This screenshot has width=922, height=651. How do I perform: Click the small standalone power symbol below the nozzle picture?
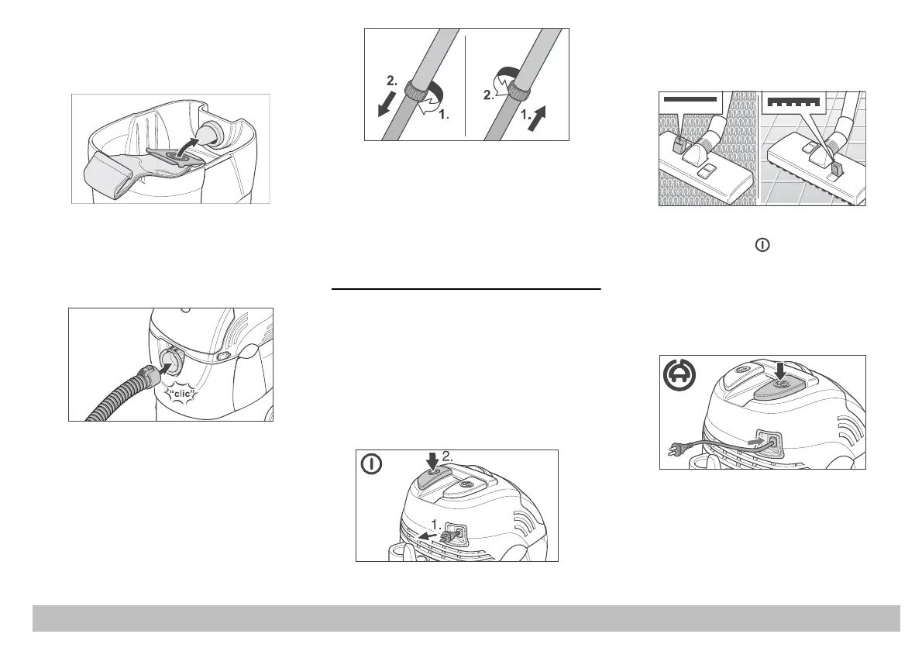(x=763, y=244)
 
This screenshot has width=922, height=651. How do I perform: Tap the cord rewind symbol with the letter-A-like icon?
(x=680, y=377)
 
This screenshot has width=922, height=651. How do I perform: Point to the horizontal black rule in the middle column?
(x=466, y=289)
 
